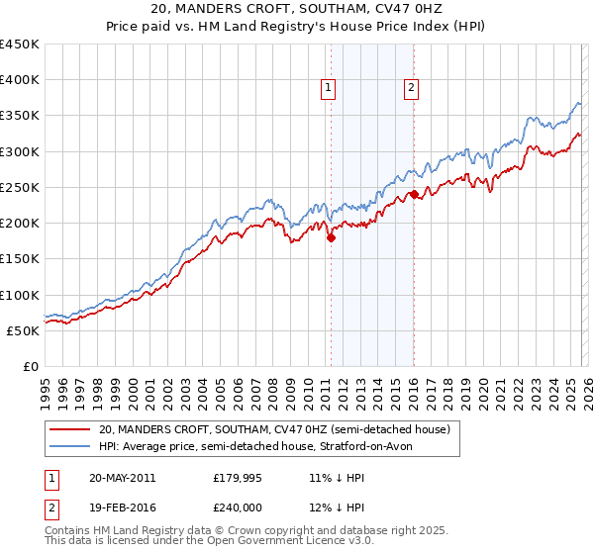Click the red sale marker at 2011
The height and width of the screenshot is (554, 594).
point(332,237)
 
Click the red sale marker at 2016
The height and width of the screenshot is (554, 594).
point(414,195)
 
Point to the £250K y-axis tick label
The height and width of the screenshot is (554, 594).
point(20,187)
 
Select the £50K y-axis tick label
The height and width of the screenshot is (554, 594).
point(24,330)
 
